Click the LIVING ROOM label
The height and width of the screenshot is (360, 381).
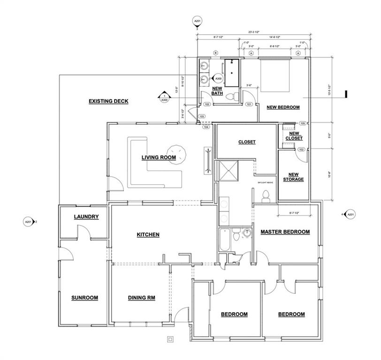(x=159, y=158)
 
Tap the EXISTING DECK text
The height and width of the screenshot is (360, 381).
(x=108, y=101)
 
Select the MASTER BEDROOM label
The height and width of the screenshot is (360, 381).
(x=285, y=232)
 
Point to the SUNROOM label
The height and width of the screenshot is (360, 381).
(x=84, y=298)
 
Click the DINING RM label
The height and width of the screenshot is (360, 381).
(x=141, y=298)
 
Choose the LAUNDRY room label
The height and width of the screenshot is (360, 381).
(x=86, y=217)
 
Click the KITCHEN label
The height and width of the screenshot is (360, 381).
(x=148, y=234)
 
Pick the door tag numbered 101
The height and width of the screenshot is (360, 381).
(x=249, y=104)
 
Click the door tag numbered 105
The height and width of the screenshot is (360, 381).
(x=303, y=123)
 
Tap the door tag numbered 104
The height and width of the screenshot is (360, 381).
(x=206, y=127)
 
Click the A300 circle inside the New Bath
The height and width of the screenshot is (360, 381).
(x=218, y=79)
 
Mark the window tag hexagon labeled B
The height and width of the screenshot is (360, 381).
(x=215, y=53)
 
